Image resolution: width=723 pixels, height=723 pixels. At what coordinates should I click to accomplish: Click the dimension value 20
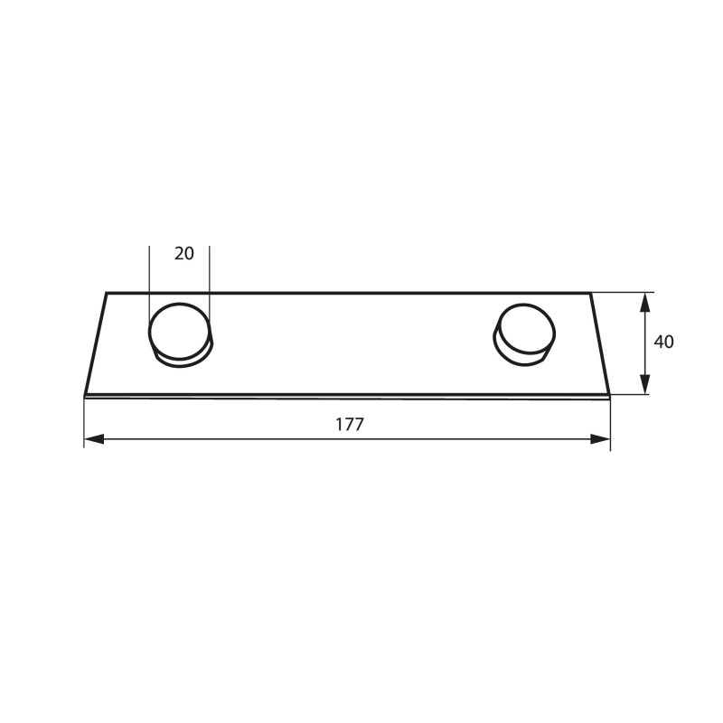pyautogui.click(x=183, y=254)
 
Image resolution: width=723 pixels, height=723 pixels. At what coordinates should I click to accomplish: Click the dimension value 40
pyautogui.click(x=663, y=343)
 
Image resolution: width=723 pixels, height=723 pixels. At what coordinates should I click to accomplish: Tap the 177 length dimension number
pyautogui.click(x=349, y=425)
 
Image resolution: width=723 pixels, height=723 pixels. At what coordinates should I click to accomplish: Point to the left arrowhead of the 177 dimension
pyautogui.click(x=94, y=439)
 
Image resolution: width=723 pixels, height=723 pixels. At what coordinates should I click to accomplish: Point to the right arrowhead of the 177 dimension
pyautogui.click(x=600, y=439)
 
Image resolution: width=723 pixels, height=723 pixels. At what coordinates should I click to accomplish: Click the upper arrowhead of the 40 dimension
pyautogui.click(x=644, y=302)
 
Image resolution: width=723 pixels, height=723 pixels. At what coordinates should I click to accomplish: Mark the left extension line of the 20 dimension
pyautogui.click(x=149, y=271)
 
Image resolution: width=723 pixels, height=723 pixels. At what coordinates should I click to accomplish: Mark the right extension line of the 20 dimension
pyautogui.click(x=209, y=271)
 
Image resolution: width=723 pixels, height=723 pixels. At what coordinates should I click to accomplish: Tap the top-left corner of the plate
pyautogui.click(x=107, y=293)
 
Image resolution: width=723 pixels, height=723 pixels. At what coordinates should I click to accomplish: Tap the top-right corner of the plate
pyautogui.click(x=590, y=293)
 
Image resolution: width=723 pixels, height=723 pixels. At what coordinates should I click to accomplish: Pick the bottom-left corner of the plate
pyautogui.click(x=85, y=395)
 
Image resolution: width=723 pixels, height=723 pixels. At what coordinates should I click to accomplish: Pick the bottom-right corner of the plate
pyautogui.click(x=610, y=395)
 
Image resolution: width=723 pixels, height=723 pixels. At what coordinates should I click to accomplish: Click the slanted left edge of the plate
pyautogui.click(x=96, y=343)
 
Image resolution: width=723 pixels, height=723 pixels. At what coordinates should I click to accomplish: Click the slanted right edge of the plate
pyautogui.click(x=600, y=343)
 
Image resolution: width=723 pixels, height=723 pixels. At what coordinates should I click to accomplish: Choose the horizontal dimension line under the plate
pyautogui.click(x=226, y=439)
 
